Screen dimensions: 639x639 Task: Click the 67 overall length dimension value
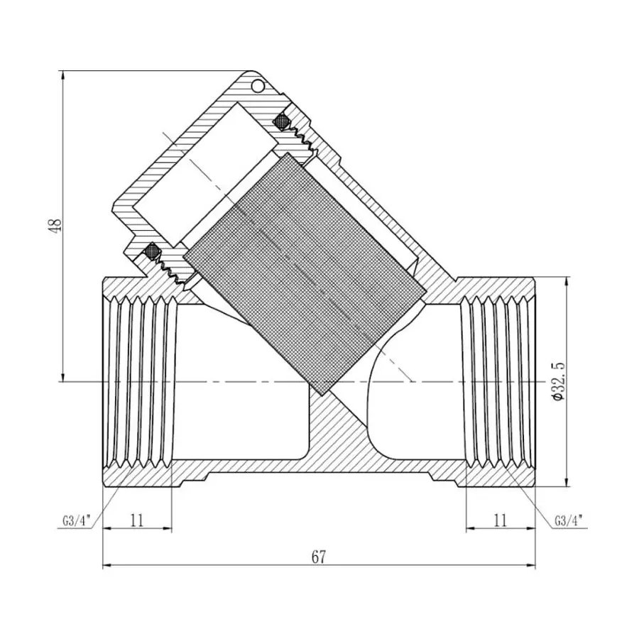tap(318, 557)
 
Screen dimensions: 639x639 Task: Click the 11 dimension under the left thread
tap(137, 520)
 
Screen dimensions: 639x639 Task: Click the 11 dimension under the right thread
tap(500, 520)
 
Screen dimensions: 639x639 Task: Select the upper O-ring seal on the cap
tap(282, 121)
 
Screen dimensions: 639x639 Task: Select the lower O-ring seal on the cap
tap(151, 251)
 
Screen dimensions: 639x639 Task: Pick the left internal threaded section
tap(138, 382)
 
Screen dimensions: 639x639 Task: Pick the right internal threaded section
tap(497, 382)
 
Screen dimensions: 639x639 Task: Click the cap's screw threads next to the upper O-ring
tap(305, 138)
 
